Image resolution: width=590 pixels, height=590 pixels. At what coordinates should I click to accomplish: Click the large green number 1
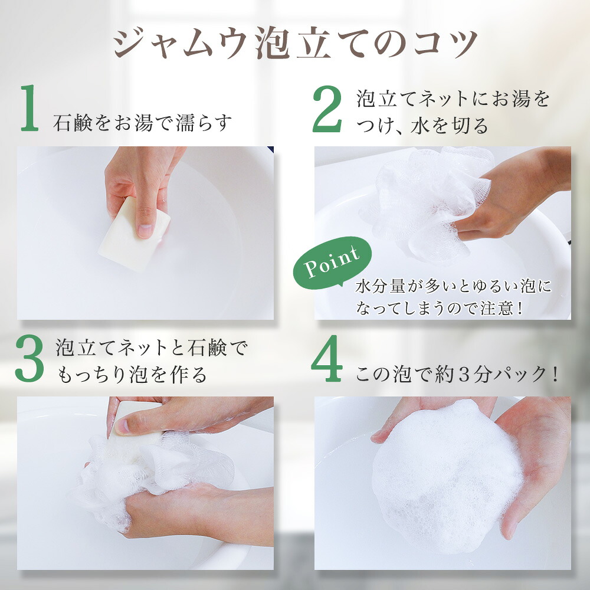click(30, 108)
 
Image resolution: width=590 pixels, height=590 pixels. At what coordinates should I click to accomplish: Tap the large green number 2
click(327, 109)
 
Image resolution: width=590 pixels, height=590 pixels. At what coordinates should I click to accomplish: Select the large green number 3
click(29, 358)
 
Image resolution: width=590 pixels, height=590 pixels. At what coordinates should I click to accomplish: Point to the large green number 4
click(327, 358)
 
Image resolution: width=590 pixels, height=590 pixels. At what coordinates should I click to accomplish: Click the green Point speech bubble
click(332, 263)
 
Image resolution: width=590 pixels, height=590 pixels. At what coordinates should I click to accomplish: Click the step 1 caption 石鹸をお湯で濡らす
click(142, 123)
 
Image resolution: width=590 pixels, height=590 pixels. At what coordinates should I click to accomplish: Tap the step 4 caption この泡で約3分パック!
click(457, 374)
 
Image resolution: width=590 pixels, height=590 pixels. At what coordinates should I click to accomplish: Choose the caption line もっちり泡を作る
click(132, 375)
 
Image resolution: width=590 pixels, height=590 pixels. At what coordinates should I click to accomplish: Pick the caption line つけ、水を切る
click(422, 125)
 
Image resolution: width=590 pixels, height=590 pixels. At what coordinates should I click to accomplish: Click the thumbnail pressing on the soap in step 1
click(145, 230)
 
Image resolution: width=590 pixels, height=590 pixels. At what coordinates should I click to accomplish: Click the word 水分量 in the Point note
click(380, 286)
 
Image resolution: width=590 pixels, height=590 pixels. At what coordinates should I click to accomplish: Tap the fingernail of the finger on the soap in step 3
click(122, 427)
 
